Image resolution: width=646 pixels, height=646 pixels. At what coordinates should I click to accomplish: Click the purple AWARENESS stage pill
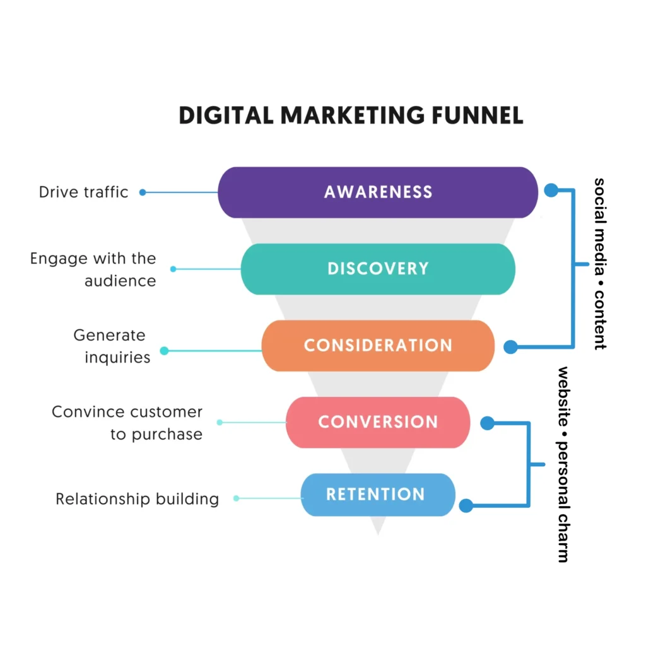(377, 192)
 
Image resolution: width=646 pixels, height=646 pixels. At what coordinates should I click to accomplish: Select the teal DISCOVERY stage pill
(377, 269)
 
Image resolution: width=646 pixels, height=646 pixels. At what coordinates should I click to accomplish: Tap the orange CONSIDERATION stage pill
(377, 346)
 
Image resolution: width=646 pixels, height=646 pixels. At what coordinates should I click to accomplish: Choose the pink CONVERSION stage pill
(377, 422)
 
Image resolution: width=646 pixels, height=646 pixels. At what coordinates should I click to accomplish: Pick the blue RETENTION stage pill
(377, 495)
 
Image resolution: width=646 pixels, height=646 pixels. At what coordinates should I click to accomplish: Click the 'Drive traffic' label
(83, 192)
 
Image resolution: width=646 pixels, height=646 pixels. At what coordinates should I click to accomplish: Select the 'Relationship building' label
(137, 499)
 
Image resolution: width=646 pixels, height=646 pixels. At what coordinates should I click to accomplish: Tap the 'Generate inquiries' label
(112, 346)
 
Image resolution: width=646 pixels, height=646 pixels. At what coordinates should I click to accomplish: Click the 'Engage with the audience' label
(93, 269)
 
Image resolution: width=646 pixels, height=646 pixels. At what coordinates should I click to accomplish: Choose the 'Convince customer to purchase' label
(127, 423)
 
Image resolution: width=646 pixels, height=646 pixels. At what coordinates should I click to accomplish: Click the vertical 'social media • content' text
(599, 263)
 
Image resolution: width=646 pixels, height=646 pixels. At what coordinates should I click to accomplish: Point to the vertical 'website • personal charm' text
(563, 464)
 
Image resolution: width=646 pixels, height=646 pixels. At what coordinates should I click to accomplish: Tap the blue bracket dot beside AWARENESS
(551, 190)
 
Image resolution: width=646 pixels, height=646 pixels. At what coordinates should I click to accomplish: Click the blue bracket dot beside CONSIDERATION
(510, 347)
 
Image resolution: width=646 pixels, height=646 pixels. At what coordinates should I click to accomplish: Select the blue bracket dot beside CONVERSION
(487, 423)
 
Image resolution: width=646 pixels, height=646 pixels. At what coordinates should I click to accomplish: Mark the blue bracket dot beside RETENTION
(466, 505)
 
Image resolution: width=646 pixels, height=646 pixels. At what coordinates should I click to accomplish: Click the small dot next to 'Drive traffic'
(143, 192)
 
